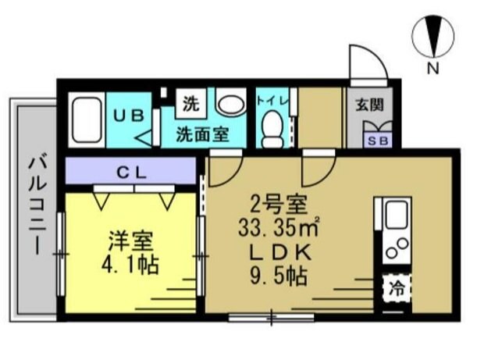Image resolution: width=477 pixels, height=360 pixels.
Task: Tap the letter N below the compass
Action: (432, 69)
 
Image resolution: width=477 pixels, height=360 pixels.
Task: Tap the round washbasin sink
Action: (230, 103)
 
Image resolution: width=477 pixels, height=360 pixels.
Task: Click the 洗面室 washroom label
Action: (201, 133)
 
